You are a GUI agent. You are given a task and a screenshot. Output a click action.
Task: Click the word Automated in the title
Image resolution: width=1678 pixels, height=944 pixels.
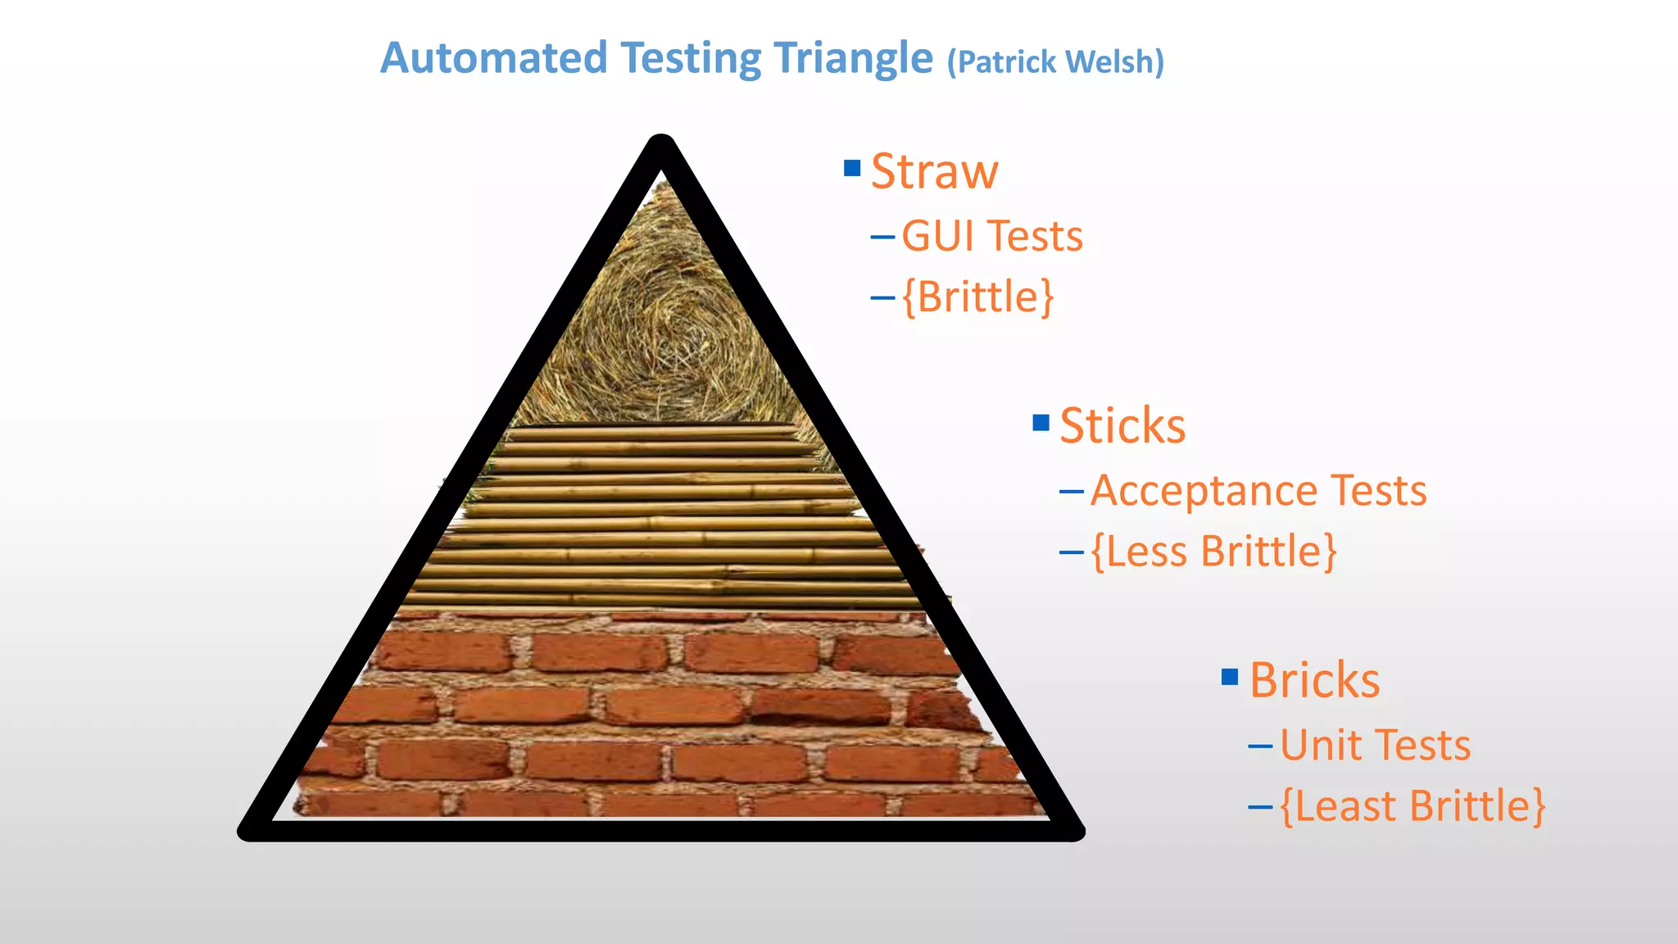(493, 59)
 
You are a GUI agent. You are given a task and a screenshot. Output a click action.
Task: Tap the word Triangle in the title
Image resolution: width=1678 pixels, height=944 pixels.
(853, 59)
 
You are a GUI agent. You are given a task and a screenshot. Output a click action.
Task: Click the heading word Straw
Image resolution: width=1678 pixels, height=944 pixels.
(934, 171)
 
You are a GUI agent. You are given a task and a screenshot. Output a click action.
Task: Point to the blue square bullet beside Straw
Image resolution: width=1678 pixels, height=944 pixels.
(852, 168)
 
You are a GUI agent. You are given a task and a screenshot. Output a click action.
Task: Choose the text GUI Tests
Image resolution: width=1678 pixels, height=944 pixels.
(991, 236)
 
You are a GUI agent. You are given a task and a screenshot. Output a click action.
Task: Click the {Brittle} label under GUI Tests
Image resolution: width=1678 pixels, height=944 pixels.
(977, 297)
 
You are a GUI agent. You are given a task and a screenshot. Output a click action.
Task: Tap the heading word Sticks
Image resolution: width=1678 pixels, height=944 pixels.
(1122, 426)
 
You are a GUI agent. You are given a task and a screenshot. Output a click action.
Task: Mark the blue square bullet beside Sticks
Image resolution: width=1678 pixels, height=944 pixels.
(1041, 423)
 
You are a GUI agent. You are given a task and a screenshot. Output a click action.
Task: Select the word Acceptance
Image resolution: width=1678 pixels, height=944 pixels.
(1203, 491)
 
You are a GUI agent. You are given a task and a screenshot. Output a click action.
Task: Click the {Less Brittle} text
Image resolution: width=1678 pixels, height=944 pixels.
(1213, 551)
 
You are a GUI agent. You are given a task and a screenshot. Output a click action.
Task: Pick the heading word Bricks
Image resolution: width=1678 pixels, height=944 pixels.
(1314, 680)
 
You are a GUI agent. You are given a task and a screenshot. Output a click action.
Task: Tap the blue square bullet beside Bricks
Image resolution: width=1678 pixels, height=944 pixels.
(1229, 677)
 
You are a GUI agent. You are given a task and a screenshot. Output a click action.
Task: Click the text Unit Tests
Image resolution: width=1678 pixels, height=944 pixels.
(1375, 746)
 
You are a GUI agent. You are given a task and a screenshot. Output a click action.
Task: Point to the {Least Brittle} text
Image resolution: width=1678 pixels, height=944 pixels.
(1412, 806)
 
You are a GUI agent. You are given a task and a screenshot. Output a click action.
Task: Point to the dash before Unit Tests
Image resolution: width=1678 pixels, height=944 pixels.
(1259, 746)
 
